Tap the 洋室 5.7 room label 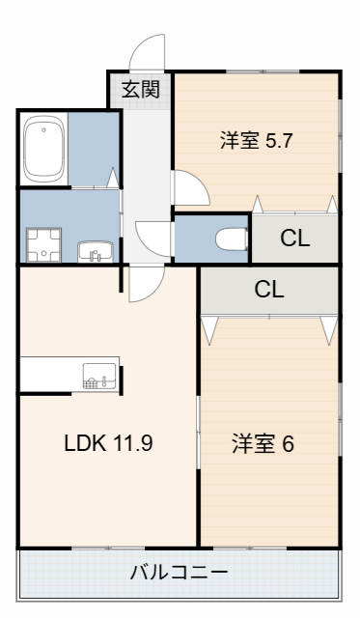click(x=256, y=140)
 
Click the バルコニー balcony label click(x=180, y=571)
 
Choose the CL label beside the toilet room click(x=294, y=239)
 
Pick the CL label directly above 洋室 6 click(x=269, y=289)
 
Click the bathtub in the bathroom click(x=43, y=151)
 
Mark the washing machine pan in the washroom click(x=42, y=243)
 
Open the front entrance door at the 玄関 click(x=149, y=53)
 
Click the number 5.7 click(x=278, y=140)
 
